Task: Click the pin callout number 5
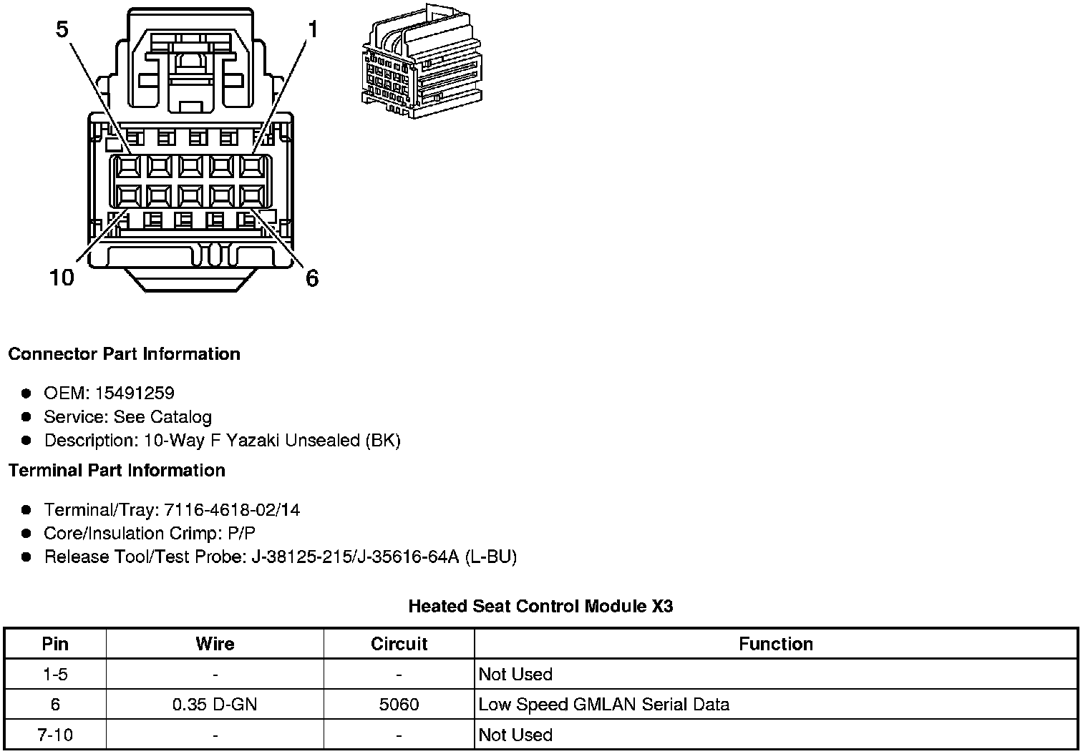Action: [x=62, y=29]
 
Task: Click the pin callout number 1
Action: [x=313, y=29]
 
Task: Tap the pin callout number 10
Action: [x=62, y=278]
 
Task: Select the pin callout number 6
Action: [x=312, y=278]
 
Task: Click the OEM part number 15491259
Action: [x=135, y=393]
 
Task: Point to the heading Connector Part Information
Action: [x=124, y=354]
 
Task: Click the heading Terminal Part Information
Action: [x=117, y=471]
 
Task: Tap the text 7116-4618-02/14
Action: [x=232, y=510]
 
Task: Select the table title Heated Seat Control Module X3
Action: [x=540, y=607]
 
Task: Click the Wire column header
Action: [x=215, y=644]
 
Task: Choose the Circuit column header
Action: [x=399, y=644]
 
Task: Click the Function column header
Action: [x=776, y=644]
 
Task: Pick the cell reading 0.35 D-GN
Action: [x=215, y=705]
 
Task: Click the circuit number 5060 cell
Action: [x=399, y=705]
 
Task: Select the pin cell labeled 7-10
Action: [x=55, y=735]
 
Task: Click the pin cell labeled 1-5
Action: [x=55, y=674]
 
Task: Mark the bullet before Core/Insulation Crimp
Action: [x=26, y=534]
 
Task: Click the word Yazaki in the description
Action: [x=253, y=441]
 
